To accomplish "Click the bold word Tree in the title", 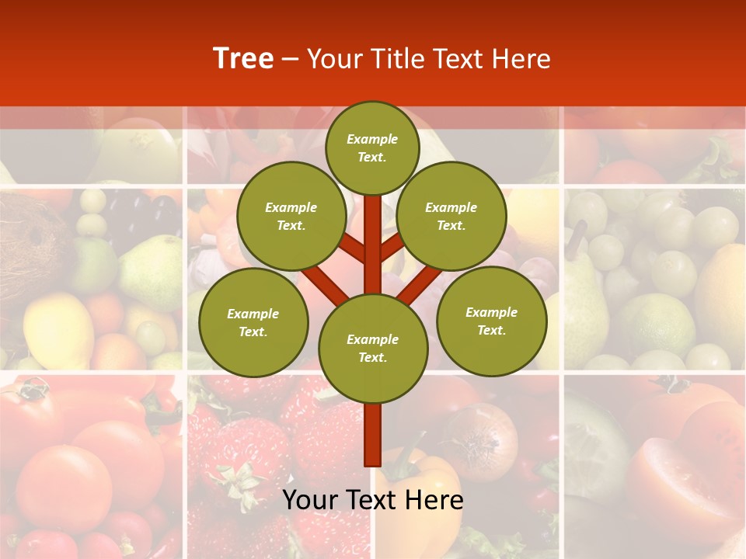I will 243,59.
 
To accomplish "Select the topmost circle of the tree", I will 372,148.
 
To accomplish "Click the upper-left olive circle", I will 291,216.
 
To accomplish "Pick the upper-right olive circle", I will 451,216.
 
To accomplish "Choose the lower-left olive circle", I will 253,322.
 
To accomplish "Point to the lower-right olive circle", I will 491,321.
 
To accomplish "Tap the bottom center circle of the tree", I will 372,348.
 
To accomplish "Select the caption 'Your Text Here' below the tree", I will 372,500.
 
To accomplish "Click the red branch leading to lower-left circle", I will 325,284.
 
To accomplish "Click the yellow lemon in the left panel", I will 58,330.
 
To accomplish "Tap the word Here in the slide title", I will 524,59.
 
